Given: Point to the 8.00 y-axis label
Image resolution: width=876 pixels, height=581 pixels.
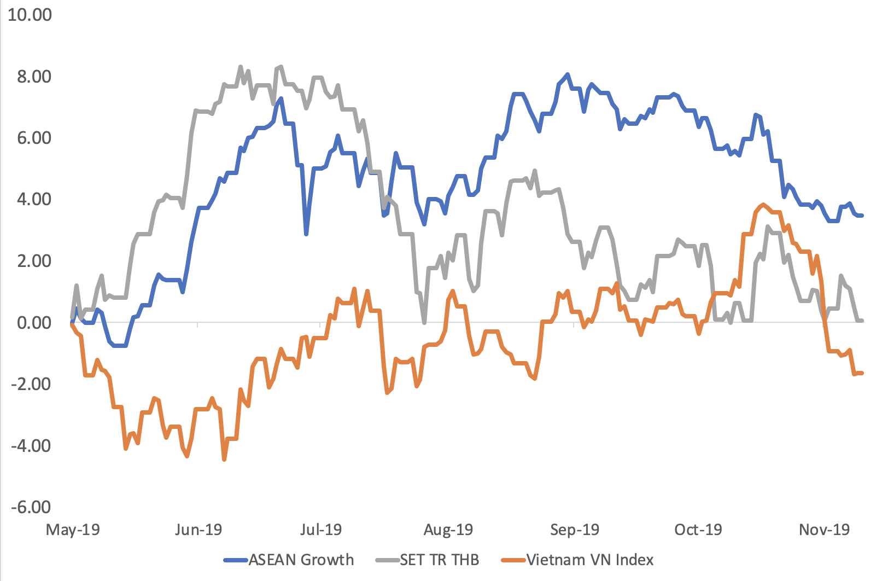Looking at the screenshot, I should [34, 77].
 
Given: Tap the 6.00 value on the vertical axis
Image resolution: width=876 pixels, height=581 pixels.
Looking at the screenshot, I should [34, 138].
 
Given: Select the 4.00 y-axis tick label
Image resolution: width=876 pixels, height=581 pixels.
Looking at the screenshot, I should [34, 199].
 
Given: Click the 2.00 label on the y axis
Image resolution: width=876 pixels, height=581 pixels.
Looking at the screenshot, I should [34, 261].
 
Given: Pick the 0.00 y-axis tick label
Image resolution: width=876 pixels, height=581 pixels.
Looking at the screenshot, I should [34, 323].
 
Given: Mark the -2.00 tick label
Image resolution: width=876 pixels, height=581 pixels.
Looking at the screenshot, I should [31, 384].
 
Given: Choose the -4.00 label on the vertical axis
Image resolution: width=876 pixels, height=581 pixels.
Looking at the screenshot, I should [31, 446].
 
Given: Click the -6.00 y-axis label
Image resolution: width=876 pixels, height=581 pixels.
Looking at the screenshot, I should [31, 507].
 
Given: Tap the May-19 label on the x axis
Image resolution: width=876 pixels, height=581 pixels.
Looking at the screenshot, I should [73, 530].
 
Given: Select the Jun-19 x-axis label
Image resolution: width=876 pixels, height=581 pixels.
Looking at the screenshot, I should [198, 530].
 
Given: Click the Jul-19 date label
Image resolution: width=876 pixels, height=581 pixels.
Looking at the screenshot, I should [321, 530].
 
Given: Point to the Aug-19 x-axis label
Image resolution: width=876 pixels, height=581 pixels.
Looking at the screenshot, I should [448, 530].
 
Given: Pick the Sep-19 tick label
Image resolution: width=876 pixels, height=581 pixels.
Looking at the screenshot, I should [575, 530].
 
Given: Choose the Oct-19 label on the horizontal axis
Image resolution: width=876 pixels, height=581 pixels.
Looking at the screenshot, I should [698, 530].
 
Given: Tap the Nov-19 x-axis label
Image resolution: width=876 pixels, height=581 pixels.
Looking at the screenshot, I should [825, 530].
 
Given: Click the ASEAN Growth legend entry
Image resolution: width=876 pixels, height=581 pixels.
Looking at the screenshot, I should [301, 560].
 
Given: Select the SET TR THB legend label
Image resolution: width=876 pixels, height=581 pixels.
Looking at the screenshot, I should [439, 560].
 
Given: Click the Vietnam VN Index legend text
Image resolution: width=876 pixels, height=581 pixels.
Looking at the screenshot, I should [589, 560].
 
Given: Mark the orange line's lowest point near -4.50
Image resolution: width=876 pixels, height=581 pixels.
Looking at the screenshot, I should [224, 460].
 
